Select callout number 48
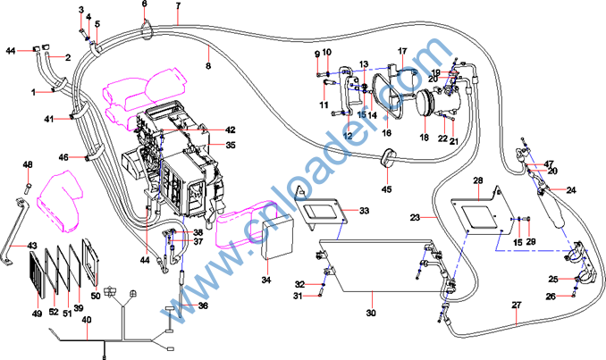point(28,164)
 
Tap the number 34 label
point(266,280)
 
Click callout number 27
point(516,306)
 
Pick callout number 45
point(387,188)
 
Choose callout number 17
point(402,51)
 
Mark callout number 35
point(230,145)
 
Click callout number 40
point(87,320)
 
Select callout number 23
point(415,217)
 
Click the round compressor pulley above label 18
point(425,104)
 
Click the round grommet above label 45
point(388,158)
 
